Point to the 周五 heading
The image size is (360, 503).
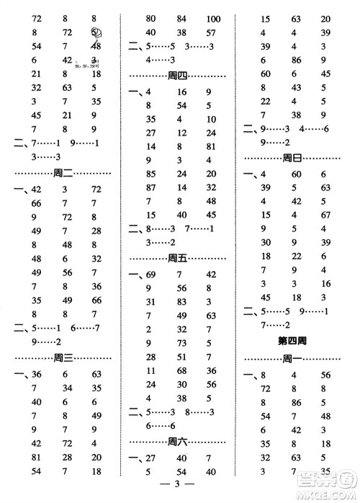pyautogui.click(x=176, y=257)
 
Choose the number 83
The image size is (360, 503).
pyautogui.click(x=180, y=302)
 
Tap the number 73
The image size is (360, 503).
pyautogui.click(x=180, y=343)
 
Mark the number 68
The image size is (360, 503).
pyautogui.click(x=180, y=370)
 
